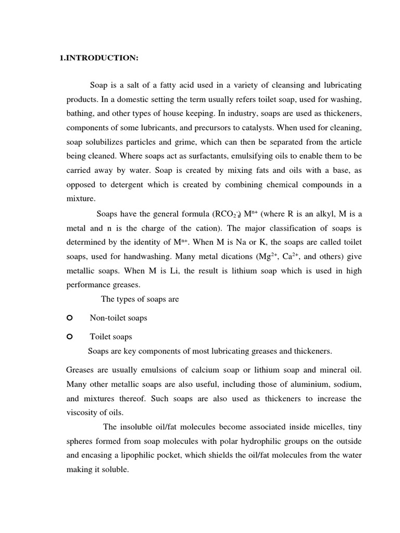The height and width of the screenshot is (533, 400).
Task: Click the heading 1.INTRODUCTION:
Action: (x=99, y=58)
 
